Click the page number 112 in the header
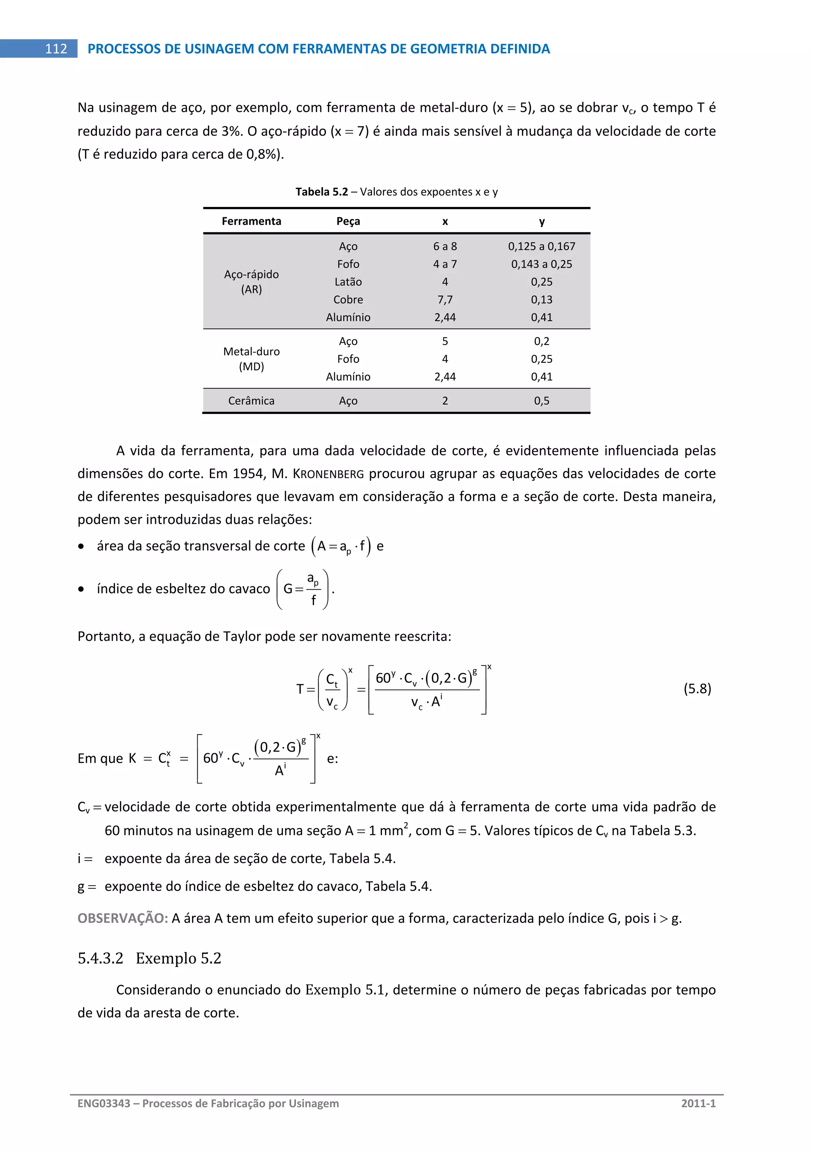pyautogui.click(x=56, y=48)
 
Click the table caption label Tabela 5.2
pyautogui.click(x=321, y=192)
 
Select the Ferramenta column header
pyautogui.click(x=251, y=221)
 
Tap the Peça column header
pyautogui.click(x=348, y=221)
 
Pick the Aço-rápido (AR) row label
pyautogui.click(x=251, y=282)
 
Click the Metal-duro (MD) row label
pyautogui.click(x=251, y=359)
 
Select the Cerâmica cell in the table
pyautogui.click(x=251, y=400)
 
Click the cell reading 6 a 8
pyautogui.click(x=445, y=246)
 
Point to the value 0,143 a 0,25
pyautogui.click(x=541, y=264)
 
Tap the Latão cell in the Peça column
pyautogui.click(x=348, y=282)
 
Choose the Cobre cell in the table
pyautogui.click(x=348, y=300)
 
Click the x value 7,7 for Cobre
pyautogui.click(x=445, y=300)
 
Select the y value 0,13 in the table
pyautogui.click(x=541, y=300)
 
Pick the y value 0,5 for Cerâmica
pyautogui.click(x=541, y=400)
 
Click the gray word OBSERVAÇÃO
pyautogui.click(x=122, y=919)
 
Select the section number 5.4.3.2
pyautogui.click(x=100, y=958)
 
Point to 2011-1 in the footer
pyautogui.click(x=698, y=1103)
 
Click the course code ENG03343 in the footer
pyautogui.click(x=104, y=1103)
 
